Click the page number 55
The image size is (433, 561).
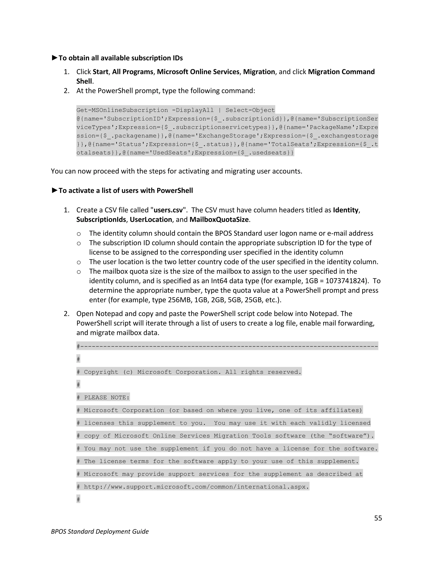[x=378, y=518]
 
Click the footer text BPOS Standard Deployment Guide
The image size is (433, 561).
[x=100, y=531]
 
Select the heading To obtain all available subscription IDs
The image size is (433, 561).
[x=120, y=58]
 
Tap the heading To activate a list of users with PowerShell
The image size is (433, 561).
[x=125, y=191]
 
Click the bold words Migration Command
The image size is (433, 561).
[x=341, y=72]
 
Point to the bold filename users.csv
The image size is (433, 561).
[x=168, y=210]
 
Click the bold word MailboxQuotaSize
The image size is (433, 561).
[x=219, y=220]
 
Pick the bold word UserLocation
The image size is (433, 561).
[x=151, y=220]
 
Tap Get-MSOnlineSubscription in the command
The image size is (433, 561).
[x=122, y=110]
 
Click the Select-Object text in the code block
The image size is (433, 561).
[x=250, y=110]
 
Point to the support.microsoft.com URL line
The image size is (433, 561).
[x=196, y=487]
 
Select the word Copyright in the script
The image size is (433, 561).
[x=101, y=372]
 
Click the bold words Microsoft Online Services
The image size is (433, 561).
[x=198, y=72]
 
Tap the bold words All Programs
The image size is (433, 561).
[x=132, y=72]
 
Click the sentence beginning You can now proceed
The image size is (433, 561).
[x=177, y=171]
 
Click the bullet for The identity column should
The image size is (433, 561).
[x=79, y=234]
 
